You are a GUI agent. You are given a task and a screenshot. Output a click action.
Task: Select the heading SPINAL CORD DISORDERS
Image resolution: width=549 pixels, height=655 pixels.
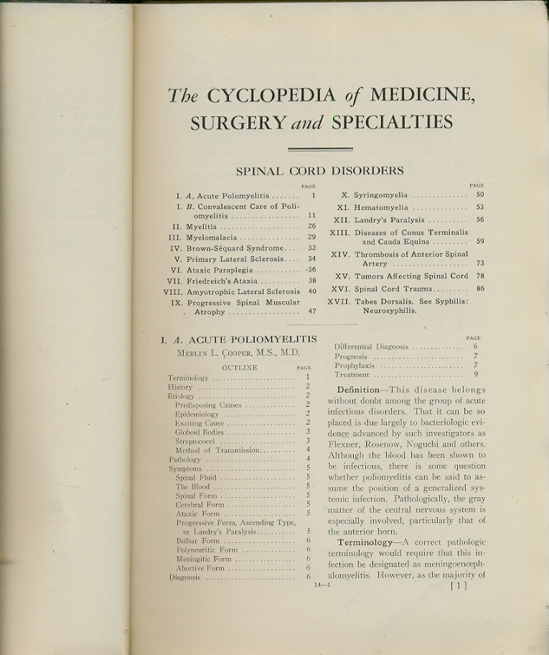319,171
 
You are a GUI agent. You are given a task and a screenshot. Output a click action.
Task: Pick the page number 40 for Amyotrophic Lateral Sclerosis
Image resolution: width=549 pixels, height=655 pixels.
312,291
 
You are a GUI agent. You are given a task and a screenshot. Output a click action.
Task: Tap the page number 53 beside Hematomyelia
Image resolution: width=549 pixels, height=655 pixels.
479,207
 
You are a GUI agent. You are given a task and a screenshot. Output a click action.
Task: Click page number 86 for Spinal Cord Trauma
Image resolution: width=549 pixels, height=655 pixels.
479,288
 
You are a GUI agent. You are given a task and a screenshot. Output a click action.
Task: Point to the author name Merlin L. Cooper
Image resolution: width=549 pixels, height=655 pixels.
238,353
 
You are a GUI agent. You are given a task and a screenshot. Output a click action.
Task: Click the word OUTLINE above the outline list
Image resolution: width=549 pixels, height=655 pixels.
239,367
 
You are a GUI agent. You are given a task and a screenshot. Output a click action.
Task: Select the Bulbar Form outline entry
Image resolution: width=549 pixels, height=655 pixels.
197,541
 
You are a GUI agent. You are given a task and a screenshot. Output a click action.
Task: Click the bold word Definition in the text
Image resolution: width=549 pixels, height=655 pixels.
359,390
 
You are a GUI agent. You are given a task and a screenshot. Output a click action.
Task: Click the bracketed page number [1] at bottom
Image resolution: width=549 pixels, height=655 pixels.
458,585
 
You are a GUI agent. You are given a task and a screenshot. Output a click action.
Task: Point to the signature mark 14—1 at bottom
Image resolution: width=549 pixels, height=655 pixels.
321,584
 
